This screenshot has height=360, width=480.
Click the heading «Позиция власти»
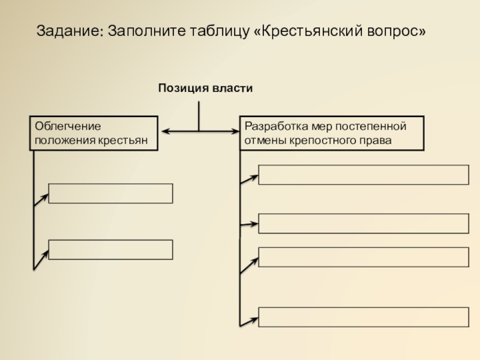[x=205, y=89]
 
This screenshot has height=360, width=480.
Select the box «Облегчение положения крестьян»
[x=94, y=133]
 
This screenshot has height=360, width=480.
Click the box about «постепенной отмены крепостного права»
[x=332, y=133]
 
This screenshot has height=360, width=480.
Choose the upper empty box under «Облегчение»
[x=110, y=194]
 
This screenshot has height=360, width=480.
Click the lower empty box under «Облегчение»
[x=110, y=250]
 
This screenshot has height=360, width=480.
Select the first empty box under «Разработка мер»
[x=364, y=175]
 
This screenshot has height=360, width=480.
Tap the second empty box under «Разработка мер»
[x=364, y=223]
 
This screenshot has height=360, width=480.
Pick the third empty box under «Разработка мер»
[x=364, y=256]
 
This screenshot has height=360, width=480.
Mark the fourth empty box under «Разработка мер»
[x=364, y=317]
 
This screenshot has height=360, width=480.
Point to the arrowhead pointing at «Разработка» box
[x=235, y=131]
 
